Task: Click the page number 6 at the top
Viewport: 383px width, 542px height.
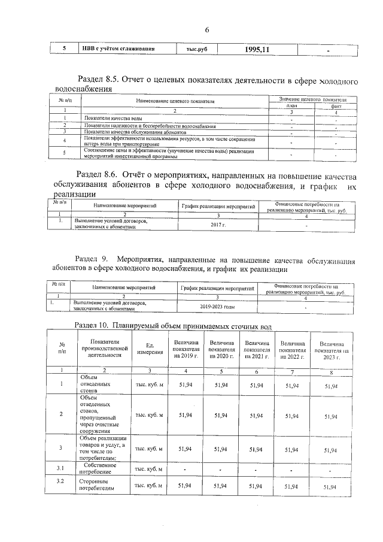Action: [x=207, y=31]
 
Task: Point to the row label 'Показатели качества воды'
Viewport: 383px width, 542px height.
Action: [x=113, y=119]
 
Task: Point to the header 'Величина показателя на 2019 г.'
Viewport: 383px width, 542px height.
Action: [x=185, y=349]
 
